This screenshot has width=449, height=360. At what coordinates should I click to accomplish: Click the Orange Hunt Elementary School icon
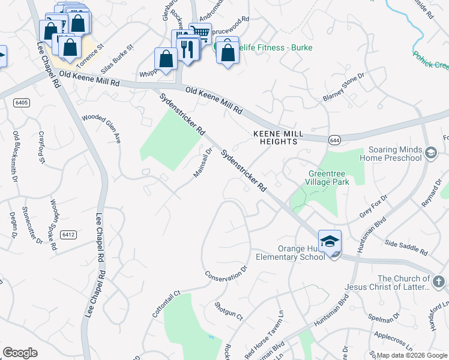pos(330,241)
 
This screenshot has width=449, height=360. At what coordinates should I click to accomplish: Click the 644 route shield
pos(334,139)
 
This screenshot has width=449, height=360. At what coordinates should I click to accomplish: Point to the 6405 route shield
pos(22,103)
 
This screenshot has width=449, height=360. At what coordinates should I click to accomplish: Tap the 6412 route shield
pos(68,235)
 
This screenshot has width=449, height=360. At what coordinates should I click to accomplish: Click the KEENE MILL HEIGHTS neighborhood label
pos(275,137)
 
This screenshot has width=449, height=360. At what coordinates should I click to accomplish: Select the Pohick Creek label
pos(430,60)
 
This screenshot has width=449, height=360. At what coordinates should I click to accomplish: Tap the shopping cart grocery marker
pos(200,32)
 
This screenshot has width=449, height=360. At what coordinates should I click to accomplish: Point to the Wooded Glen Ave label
pos(101,128)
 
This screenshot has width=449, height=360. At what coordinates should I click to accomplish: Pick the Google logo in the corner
pos(20,353)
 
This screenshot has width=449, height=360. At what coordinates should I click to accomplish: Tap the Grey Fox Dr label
pos(373,206)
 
